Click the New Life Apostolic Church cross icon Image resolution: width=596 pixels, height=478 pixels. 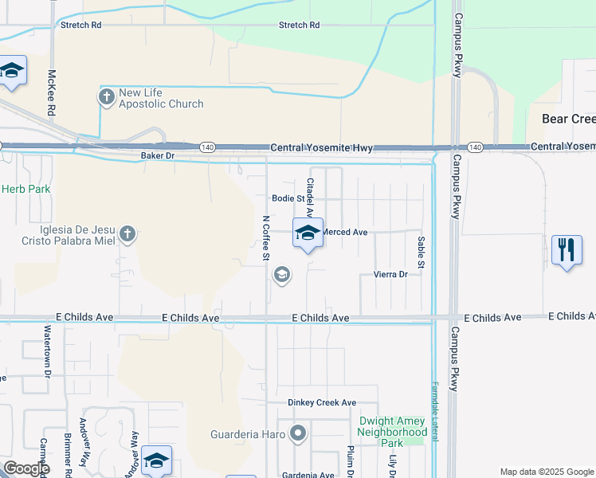(x=106, y=97)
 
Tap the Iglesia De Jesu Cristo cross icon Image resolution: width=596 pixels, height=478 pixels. (x=127, y=234)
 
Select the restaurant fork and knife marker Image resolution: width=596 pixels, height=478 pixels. (x=567, y=250)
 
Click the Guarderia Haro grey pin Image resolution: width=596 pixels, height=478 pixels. (x=298, y=434)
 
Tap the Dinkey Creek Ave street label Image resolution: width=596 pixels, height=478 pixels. (x=322, y=402)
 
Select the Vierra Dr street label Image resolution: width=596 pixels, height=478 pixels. (x=390, y=274)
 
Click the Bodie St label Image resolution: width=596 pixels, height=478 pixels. (x=288, y=198)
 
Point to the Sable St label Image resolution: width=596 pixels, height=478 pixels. (x=420, y=252)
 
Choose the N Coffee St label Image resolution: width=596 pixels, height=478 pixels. (x=266, y=237)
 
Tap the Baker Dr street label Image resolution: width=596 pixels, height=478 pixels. (x=157, y=155)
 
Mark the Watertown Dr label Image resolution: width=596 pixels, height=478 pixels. (x=48, y=350)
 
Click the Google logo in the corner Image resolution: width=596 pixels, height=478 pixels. (x=25, y=468)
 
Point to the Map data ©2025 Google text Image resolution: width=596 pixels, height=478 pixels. (x=547, y=472)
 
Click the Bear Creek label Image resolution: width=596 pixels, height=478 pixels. (x=568, y=119)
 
